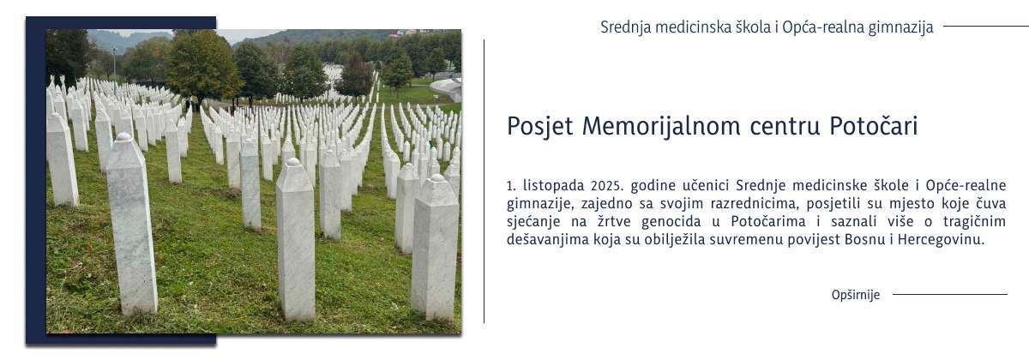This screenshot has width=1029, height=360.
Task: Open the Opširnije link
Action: [x=855, y=295]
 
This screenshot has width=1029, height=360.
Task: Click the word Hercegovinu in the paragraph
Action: [x=942, y=240]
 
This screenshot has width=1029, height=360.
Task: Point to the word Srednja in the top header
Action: [x=625, y=27]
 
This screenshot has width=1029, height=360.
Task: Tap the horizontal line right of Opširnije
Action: [x=949, y=295]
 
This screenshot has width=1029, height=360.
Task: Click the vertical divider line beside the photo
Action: [x=484, y=180]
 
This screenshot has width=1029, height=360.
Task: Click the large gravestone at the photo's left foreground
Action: [x=131, y=227]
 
